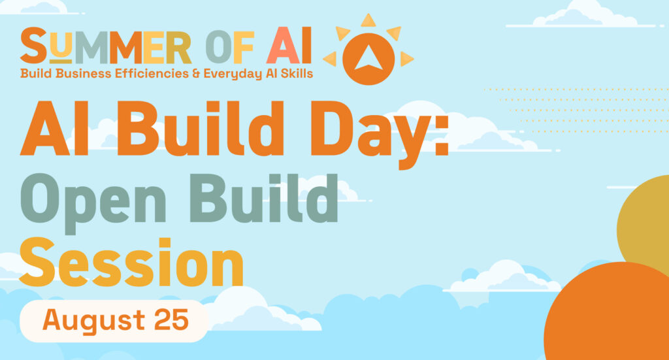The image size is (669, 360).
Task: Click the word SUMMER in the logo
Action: [106, 45]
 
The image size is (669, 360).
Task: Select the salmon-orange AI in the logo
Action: [289, 45]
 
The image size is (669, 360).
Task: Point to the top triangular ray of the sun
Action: [368, 20]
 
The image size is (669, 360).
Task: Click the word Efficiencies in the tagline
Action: [152, 73]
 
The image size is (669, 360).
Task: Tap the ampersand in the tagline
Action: [196, 74]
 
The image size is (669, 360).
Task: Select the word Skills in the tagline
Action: [297, 73]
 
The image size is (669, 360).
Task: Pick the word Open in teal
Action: [93, 201]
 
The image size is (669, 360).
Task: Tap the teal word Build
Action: [264, 198]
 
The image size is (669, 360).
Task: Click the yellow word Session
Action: [131, 262]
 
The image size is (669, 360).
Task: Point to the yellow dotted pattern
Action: [576, 110]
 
